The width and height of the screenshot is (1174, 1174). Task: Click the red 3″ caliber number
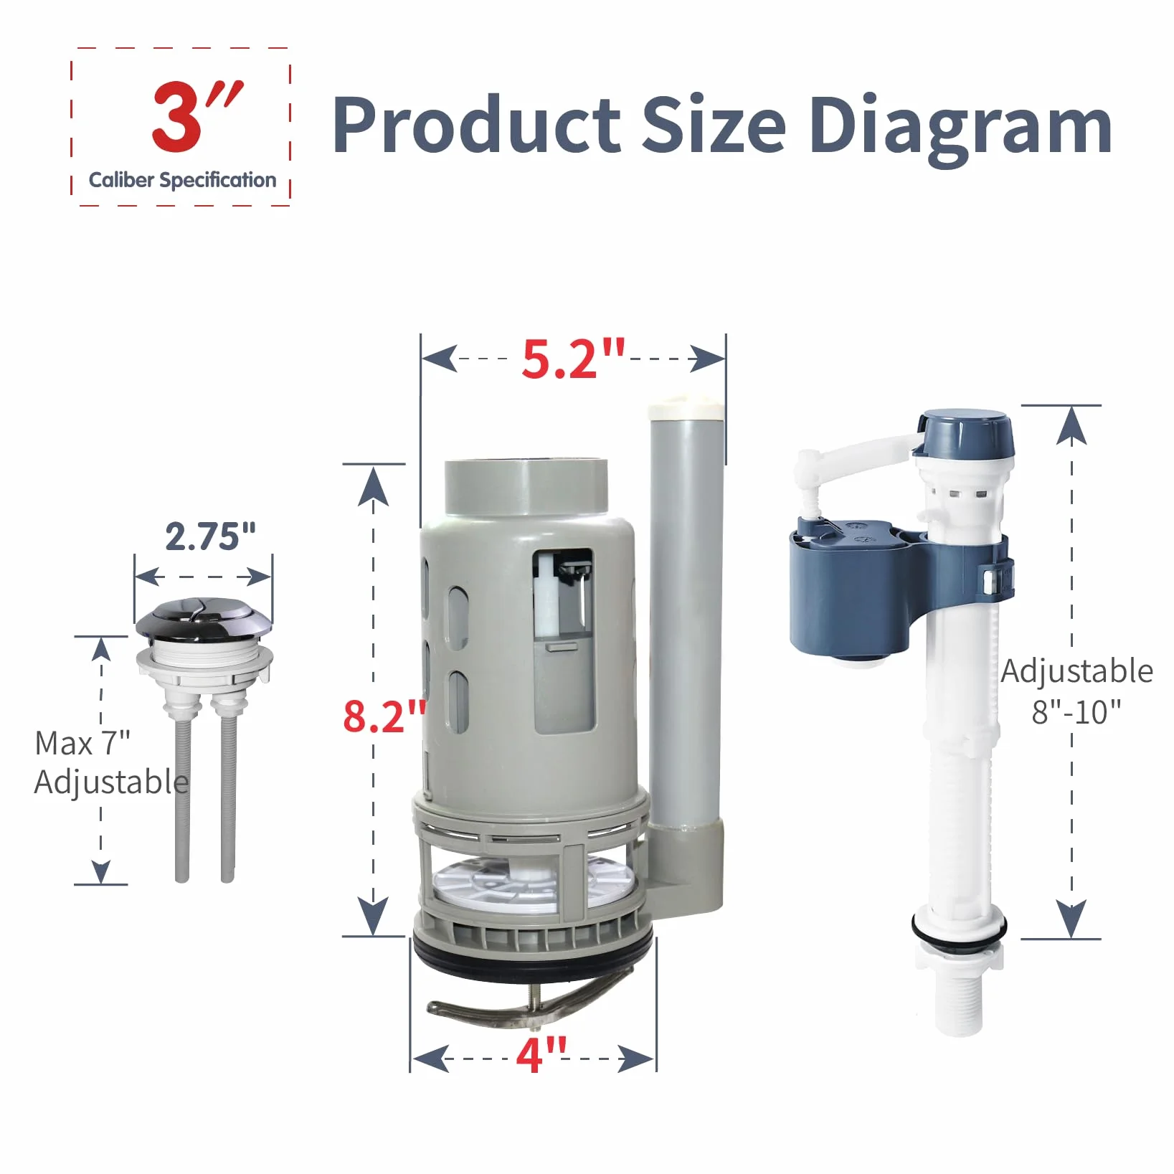(197, 116)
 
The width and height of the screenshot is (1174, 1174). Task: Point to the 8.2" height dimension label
(384, 715)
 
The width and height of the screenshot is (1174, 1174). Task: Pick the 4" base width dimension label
(541, 1054)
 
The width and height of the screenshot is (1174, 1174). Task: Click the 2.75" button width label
(210, 536)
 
